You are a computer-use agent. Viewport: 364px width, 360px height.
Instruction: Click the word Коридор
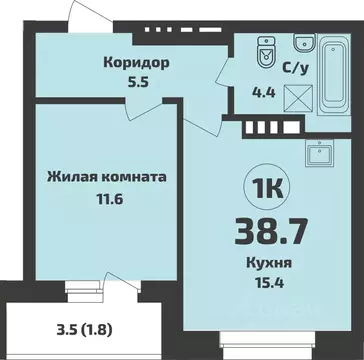[136, 63]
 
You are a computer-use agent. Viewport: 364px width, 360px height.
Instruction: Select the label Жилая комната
[105, 178]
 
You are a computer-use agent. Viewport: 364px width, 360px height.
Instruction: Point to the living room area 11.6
[105, 198]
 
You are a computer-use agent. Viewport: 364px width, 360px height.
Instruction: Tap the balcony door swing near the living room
[121, 292]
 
